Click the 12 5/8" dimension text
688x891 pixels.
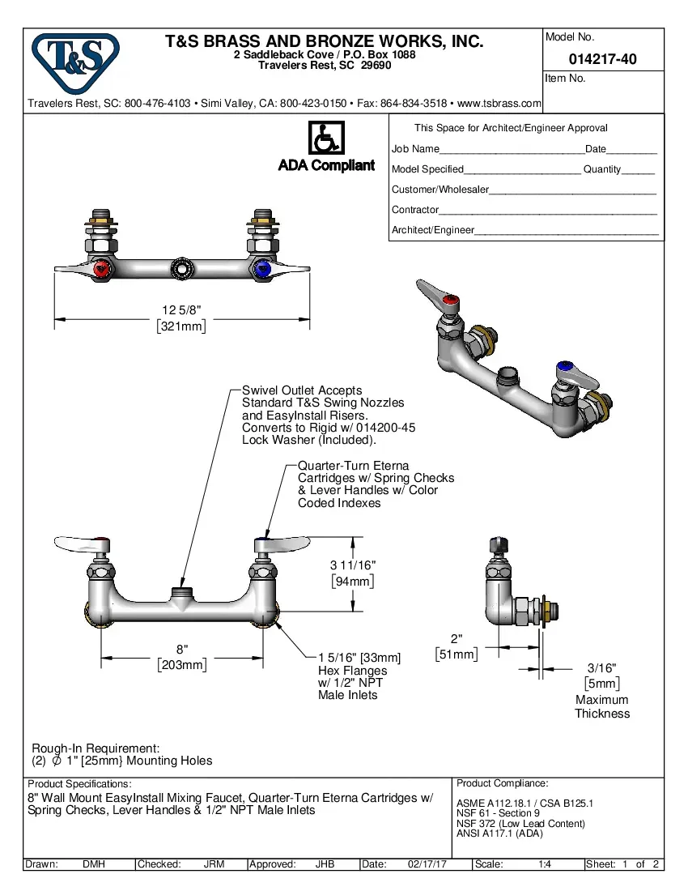point(181,310)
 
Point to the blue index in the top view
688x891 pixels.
point(261,269)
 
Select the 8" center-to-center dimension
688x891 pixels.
point(182,649)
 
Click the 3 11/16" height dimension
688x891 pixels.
point(353,565)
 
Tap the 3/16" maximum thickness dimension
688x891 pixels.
point(601,667)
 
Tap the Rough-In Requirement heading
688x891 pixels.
point(96,748)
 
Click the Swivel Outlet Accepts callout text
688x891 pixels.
point(302,390)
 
